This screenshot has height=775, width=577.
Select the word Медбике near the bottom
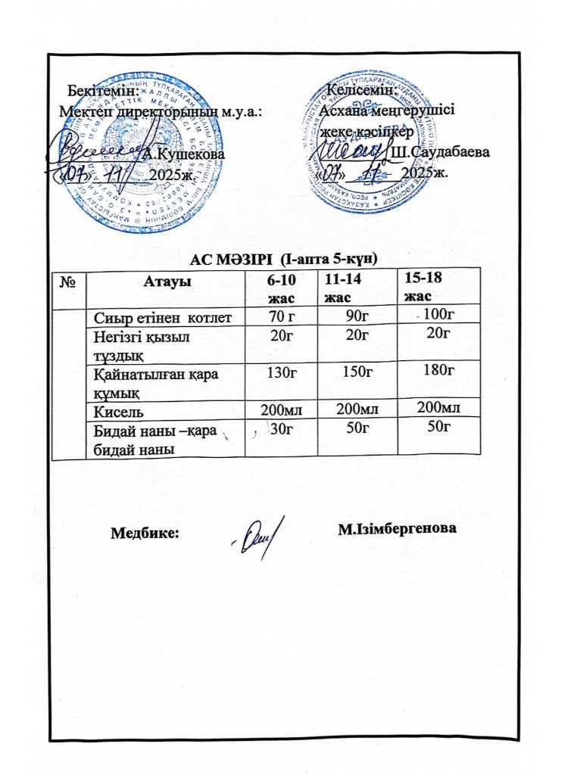(145, 532)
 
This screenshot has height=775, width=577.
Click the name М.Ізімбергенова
(399, 528)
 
